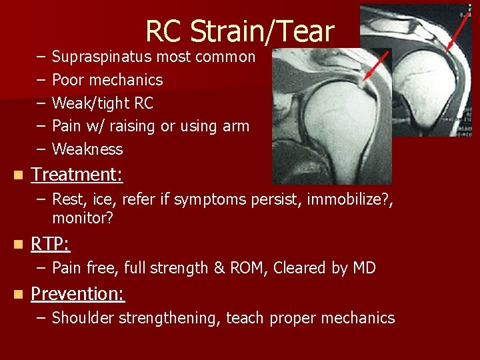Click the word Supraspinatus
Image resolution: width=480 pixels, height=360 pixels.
tap(101, 57)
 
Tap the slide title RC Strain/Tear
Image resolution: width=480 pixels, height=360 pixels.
tap(239, 31)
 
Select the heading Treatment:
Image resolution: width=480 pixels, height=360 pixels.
tap(77, 175)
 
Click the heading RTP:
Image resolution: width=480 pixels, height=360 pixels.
tap(51, 245)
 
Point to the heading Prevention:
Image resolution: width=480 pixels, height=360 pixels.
tap(78, 294)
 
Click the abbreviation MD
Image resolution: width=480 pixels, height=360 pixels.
tap(364, 268)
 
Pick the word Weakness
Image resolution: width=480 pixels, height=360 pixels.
tap(87, 149)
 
